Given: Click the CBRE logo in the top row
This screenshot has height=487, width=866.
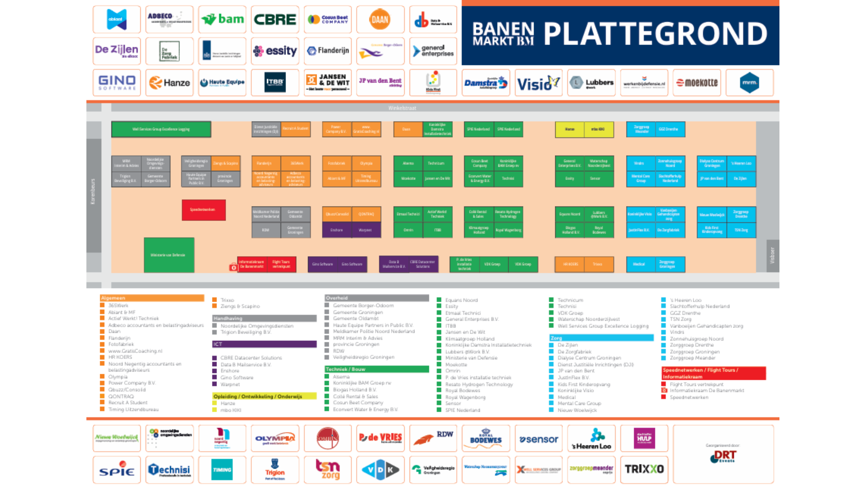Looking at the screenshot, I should (275, 19).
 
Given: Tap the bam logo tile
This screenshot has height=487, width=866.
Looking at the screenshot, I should (222, 19).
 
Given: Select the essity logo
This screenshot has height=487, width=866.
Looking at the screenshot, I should (275, 51).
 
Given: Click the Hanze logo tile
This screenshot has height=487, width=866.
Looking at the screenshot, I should (170, 83).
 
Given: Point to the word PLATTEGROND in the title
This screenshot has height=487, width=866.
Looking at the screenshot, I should (655, 34).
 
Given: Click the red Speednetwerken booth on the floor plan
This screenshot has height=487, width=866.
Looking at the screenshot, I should (203, 210).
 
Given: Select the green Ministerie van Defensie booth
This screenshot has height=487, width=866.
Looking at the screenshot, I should (169, 255).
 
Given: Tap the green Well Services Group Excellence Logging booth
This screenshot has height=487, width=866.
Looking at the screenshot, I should (161, 129).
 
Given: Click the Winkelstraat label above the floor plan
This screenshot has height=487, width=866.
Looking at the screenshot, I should (402, 108).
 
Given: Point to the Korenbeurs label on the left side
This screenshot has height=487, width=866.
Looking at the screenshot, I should (93, 192).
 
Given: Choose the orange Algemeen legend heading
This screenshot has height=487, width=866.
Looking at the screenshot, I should (152, 298).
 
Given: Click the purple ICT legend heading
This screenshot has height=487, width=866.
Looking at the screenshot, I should (264, 344).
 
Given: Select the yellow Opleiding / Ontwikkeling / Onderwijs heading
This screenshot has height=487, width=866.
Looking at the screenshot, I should (264, 396).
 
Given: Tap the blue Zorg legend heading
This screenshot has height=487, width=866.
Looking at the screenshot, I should (601, 338).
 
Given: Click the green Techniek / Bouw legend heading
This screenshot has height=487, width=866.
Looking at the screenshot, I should (377, 369).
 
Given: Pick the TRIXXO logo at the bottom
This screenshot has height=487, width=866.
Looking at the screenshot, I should (644, 469).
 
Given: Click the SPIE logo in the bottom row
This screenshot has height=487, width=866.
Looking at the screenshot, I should (117, 469).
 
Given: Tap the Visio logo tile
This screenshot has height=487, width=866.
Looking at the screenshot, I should (539, 83).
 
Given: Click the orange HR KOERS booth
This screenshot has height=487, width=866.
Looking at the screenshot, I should (570, 264).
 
